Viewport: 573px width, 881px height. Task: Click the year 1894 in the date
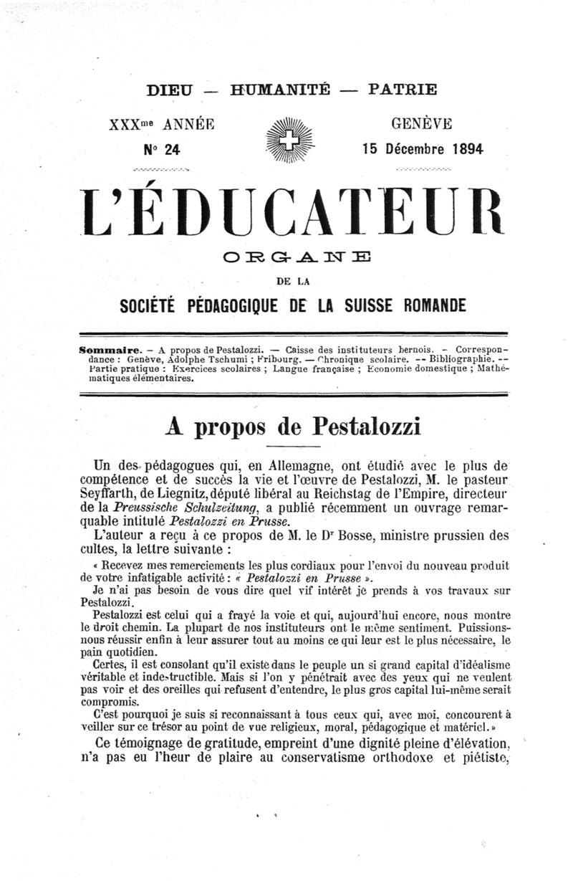point(468,149)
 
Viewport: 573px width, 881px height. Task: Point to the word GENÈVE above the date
point(421,123)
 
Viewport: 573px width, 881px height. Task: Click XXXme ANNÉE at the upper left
point(161,123)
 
